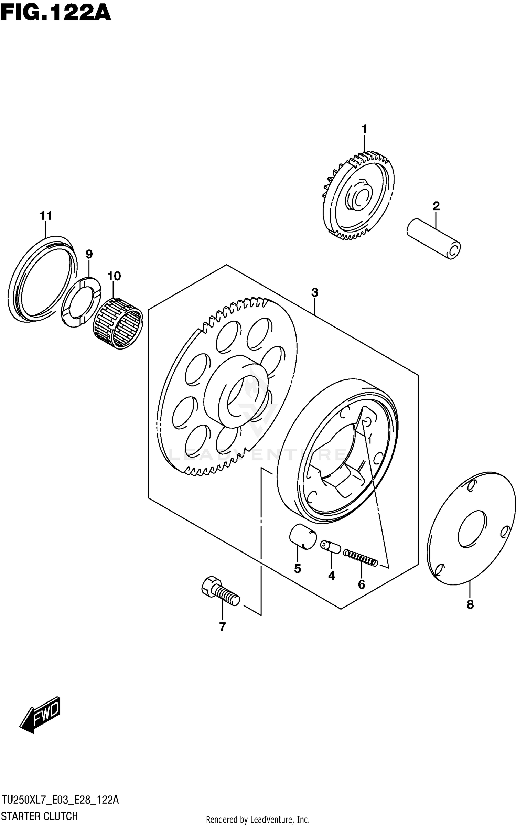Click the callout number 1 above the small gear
[364, 130]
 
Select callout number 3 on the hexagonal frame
[314, 293]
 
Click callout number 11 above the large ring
[46, 216]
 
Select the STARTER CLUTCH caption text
[40, 816]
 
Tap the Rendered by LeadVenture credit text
[258, 819]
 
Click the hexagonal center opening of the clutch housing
[341, 471]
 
